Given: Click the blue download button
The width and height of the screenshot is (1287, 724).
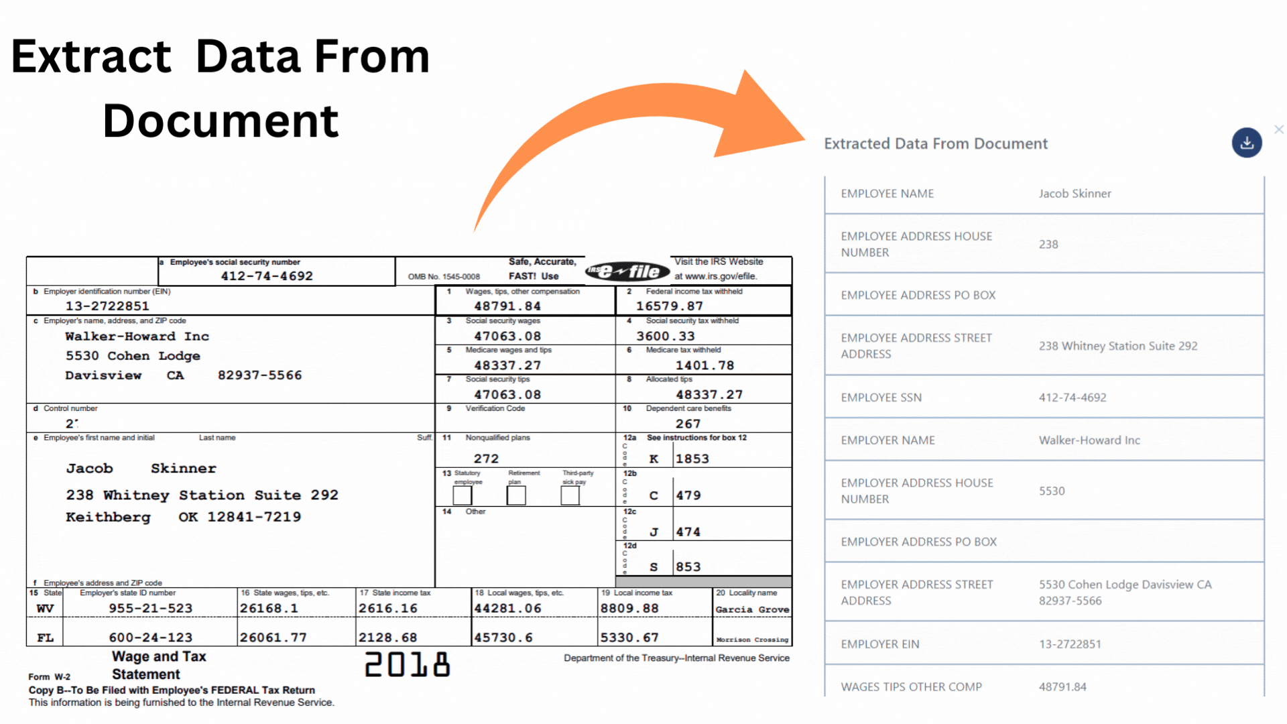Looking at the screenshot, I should (1246, 143).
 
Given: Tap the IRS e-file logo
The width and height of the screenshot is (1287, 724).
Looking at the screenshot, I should (627, 271).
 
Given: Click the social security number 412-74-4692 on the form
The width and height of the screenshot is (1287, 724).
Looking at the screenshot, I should (267, 276).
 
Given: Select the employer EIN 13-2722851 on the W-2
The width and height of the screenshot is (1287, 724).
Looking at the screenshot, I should (107, 306).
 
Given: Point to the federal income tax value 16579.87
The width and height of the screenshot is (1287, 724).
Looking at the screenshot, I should (669, 306).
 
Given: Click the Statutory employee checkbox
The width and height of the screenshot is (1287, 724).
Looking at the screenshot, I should (463, 495).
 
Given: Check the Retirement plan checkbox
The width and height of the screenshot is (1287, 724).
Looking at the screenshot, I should (516, 495).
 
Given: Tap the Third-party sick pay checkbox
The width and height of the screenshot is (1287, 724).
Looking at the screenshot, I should (570, 495).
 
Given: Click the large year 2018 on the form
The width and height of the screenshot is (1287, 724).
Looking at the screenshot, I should (407, 664).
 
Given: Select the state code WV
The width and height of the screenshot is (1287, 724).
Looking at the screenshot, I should (45, 609).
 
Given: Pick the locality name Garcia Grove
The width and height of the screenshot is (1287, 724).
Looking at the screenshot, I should (752, 609).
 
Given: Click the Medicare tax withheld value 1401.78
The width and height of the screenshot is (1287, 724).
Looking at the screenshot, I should (704, 365).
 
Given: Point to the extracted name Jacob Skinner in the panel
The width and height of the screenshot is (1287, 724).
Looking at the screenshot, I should (1075, 194).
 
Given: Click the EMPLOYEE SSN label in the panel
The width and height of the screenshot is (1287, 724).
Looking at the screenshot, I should (881, 398).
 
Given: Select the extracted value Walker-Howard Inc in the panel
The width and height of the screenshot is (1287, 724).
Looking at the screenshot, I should (1089, 440).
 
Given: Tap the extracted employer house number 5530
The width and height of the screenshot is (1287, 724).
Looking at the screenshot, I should (1052, 491).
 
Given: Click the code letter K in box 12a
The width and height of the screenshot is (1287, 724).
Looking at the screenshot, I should (654, 459).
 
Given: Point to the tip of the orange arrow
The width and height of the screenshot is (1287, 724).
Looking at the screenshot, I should (803, 139).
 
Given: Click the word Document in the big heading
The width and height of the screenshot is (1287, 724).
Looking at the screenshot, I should (221, 121).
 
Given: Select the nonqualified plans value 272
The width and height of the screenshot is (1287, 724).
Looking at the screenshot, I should (486, 459).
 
